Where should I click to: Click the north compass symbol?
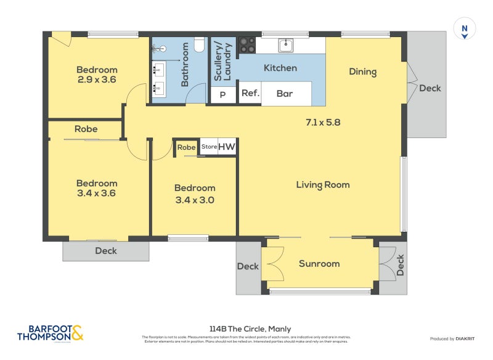pos(464,29)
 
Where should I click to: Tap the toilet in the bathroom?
pos(198,45)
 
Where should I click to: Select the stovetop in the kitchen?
pos(247,45)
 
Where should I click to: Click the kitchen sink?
pos(286,45)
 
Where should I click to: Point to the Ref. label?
pos(250,94)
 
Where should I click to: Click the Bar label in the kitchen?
pos(285,94)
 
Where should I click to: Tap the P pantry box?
pos(223,95)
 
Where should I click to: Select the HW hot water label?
pos(227,147)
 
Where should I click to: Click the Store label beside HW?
pos(209,147)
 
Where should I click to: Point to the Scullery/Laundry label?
pos(222,62)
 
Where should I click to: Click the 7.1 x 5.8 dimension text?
pos(323,122)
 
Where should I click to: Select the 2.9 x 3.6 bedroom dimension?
pos(97,80)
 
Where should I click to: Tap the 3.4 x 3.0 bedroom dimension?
pos(195,200)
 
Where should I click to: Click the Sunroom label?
pos(319,264)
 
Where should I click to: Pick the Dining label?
pos(362,72)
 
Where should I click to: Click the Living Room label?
pos(322,184)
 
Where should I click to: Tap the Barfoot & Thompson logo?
pos(49,333)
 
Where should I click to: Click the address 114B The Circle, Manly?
pos(250,329)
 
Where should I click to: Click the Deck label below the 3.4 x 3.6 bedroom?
pos(105,251)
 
